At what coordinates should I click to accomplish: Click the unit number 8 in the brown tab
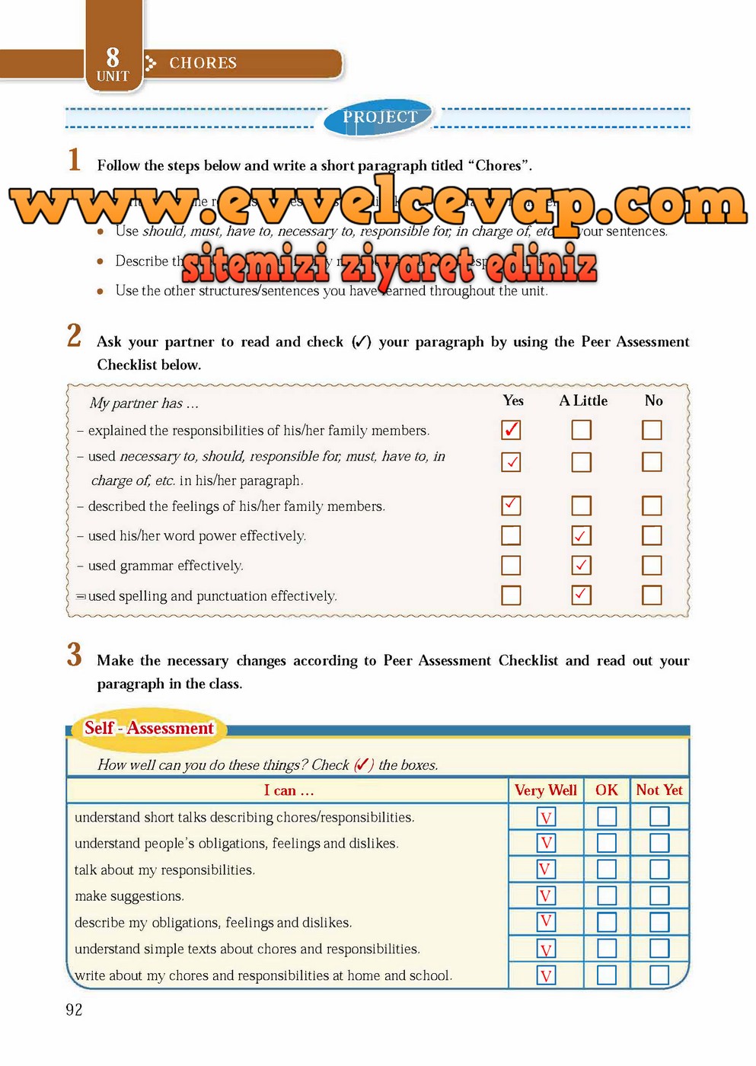point(113,57)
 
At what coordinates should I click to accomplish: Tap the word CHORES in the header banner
point(203,63)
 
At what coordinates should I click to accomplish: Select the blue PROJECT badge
point(379,117)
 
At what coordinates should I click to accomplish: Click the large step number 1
point(74,160)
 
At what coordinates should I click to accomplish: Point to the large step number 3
point(74,655)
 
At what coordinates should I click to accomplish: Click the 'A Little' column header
point(583,401)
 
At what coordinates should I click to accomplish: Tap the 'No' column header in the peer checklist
point(653,401)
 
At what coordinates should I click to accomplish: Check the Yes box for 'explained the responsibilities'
point(511,430)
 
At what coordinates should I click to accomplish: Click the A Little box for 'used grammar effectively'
point(581,566)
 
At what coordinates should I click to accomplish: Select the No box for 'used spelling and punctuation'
point(652,595)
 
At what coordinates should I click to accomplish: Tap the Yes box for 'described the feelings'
point(511,506)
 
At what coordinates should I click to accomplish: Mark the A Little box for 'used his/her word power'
point(581,536)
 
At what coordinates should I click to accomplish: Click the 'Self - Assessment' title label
point(148,728)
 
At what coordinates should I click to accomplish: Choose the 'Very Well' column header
point(545,790)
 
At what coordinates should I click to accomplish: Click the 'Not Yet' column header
point(659,790)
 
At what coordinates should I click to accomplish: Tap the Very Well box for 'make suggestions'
point(546,896)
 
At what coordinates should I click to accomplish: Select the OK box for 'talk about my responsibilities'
point(607,870)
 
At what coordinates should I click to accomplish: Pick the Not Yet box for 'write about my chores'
point(659,975)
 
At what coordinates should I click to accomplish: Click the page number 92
point(74,1010)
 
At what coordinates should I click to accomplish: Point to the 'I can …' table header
point(289,790)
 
